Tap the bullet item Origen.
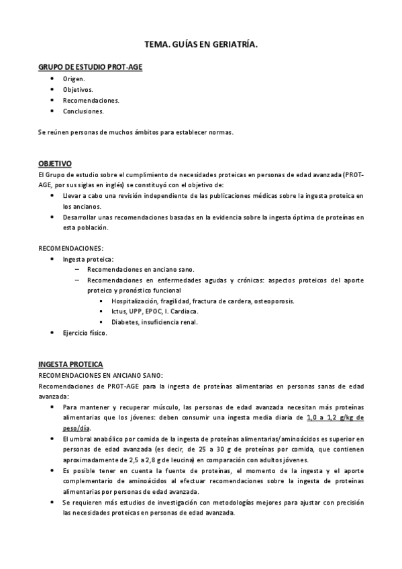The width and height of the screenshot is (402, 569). click(x=74, y=79)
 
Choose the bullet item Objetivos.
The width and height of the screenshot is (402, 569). click(x=78, y=89)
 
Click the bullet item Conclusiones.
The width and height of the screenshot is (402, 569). click(x=83, y=111)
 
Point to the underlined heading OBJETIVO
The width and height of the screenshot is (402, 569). click(x=55, y=164)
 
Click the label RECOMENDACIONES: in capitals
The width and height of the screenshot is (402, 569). click(x=70, y=248)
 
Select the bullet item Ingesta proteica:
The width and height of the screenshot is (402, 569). click(x=88, y=258)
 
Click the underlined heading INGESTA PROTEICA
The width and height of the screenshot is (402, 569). click(x=70, y=364)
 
